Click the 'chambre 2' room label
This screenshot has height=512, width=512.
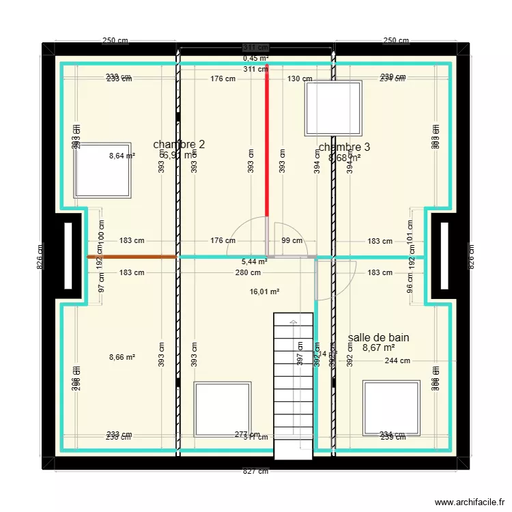coord(179,144)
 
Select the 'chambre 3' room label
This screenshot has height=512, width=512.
coord(344,147)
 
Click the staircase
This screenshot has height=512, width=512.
coord(294,386)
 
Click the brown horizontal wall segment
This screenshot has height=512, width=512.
coord(132,257)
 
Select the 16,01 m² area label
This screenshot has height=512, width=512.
coord(266,291)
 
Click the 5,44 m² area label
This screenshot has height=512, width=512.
coord(254,261)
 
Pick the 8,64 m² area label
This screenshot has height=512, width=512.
coord(122,156)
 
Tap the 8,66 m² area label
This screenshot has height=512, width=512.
coord(122,357)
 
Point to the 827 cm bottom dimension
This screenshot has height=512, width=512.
coord(255,471)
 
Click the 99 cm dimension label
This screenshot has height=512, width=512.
coord(291,240)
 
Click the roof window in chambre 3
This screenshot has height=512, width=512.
coord(333,108)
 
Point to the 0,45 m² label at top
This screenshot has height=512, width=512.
coord(256,58)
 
